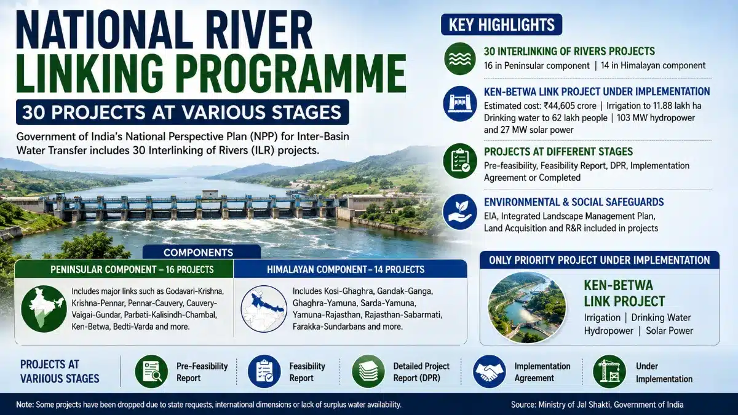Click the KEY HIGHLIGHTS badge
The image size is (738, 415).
coord(501,25)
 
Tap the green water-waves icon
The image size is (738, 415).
coord(460,58)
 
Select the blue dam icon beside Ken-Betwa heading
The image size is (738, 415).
coord(460,104)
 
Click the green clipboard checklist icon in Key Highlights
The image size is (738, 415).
coord(460,160)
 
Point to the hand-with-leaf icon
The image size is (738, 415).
coord(460,211)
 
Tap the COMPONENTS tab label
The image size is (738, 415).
coord(198,252)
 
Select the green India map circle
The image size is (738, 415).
coord(44,309)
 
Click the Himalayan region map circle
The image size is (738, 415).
coord(264,309)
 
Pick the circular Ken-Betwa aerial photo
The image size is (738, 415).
coord(527,307)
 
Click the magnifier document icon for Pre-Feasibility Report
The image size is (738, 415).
coord(151,371)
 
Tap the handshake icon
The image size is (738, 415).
coord(490,371)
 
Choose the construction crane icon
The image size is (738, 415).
coord(609,371)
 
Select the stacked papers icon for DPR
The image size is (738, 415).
coord(368,371)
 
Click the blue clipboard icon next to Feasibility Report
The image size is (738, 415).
coord(264,371)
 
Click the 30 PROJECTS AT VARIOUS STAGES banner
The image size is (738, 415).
coord(183,112)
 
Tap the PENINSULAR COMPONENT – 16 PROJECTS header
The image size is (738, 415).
coord(132,269)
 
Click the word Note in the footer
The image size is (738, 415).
coord(25,405)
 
